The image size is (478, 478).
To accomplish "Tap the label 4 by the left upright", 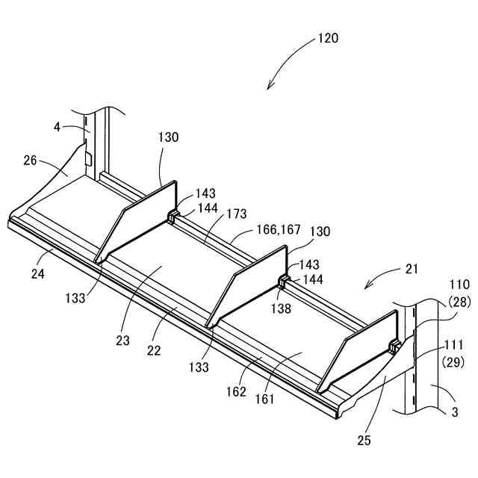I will coord(57,127).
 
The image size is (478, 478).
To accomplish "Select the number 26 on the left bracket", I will coord(30,160).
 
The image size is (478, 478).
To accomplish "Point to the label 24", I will coord(38,273).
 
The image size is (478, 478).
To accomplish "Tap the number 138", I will coord(281,307).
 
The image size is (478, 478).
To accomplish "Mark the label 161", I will coord(266,399).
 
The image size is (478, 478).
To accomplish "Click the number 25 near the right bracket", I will coord(364,440).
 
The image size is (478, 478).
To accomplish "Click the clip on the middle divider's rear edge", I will coord(284,282).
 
